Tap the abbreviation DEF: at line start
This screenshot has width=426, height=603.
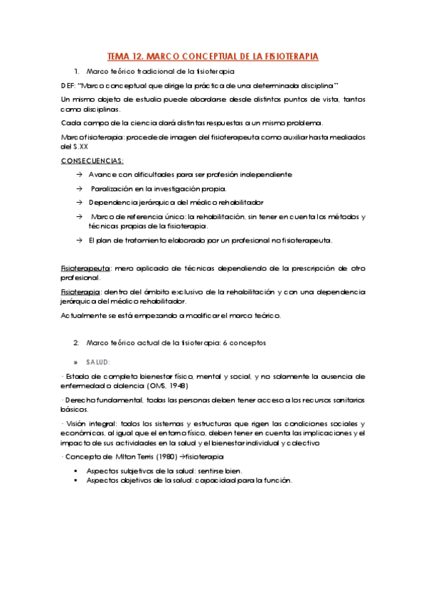[69, 85]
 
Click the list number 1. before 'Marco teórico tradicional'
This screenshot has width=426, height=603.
[76, 72]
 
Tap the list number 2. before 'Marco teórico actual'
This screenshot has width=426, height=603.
[76, 343]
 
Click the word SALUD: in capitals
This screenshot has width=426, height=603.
[99, 361]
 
